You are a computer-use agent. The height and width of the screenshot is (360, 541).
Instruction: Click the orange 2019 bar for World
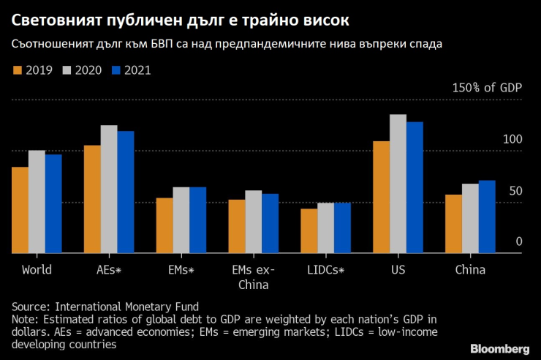pyautogui.click(x=20, y=210)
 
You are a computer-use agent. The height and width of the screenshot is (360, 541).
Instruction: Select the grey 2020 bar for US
pyautogui.click(x=398, y=184)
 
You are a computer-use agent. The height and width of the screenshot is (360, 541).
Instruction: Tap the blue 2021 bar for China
pyautogui.click(x=487, y=217)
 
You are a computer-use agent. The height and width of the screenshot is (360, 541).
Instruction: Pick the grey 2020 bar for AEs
pyautogui.click(x=109, y=189)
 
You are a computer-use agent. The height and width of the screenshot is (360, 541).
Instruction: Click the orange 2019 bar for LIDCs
pyautogui.click(x=309, y=231)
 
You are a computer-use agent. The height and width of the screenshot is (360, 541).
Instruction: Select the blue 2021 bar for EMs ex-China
pyautogui.click(x=270, y=223)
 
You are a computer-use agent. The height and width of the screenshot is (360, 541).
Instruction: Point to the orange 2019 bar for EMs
pyautogui.click(x=164, y=225)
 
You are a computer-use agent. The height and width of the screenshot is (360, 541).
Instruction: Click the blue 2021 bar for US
pyautogui.click(x=415, y=187)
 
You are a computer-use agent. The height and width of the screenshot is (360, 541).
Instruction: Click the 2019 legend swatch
pyautogui.click(x=18, y=70)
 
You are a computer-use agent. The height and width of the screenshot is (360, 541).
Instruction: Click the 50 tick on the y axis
pyautogui.click(x=515, y=190)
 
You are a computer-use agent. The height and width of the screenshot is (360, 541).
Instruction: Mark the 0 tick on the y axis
pyautogui.click(x=518, y=241)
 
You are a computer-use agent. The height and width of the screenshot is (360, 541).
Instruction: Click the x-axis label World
pyautogui.click(x=37, y=269)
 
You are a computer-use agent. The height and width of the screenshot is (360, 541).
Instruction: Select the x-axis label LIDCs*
pyautogui.click(x=326, y=269)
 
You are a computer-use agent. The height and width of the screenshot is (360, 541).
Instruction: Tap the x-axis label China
pyautogui.click(x=470, y=269)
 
